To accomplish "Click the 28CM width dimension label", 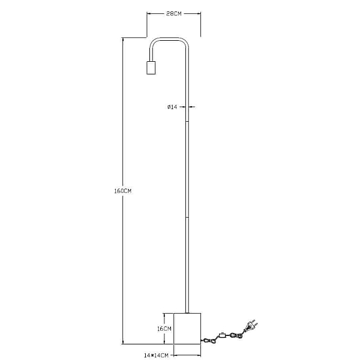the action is click(x=174, y=14).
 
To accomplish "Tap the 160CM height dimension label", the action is click(x=123, y=191).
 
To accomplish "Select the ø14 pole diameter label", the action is click(x=172, y=107).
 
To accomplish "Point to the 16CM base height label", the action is click(x=164, y=329).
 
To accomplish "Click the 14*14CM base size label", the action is click(x=156, y=355).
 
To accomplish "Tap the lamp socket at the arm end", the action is click(x=151, y=68).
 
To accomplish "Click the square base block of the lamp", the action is click(x=187, y=329).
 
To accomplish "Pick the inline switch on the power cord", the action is click(x=222, y=335).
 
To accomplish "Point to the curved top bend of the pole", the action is click(x=169, y=39).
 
